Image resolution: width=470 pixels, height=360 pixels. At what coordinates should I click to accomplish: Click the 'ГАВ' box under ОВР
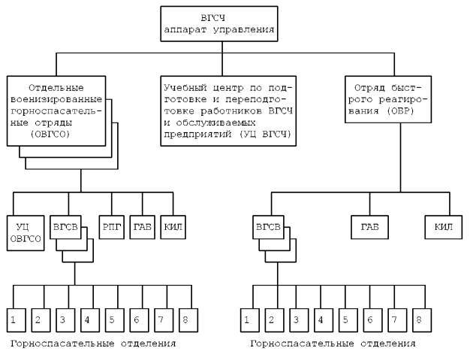pyautogui.click(x=369, y=225)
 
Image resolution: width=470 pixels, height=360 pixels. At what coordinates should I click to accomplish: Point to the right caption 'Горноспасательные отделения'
pyautogui.click(x=333, y=343)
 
